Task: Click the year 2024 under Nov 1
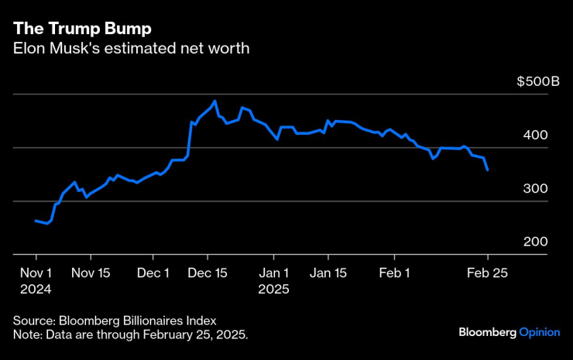tap(36, 289)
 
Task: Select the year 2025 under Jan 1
tap(273, 289)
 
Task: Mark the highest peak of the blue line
tap(214, 101)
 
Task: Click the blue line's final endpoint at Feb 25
tap(488, 170)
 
